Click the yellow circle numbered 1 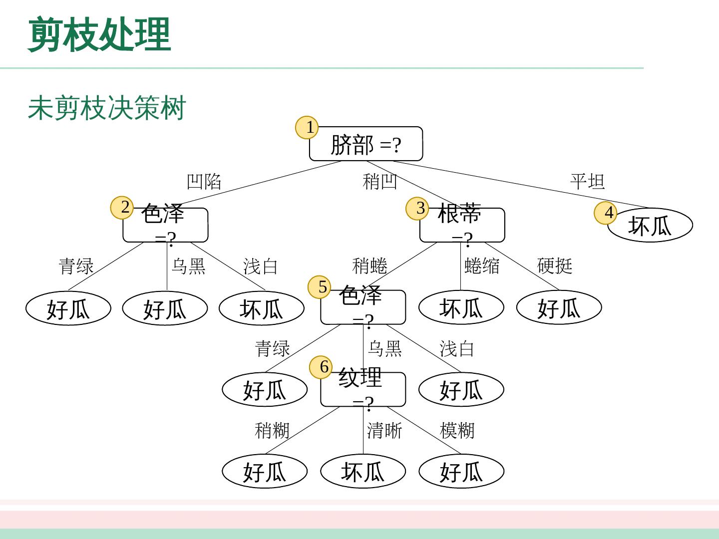tap(310, 127)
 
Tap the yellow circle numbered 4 tap(608, 213)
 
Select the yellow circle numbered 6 tap(324, 367)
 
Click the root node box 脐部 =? tap(365, 144)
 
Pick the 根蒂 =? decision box tap(462, 225)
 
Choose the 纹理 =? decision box tap(362, 389)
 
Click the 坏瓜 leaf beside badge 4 tap(650, 226)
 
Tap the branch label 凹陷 tap(204, 181)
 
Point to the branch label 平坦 tap(587, 181)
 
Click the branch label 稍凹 tap(379, 181)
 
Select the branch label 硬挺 tap(554, 266)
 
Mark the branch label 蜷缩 tap(482, 266)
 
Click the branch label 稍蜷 tap(369, 266)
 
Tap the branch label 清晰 tap(384, 430)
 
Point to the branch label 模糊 tap(457, 430)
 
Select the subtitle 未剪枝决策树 tap(107, 108)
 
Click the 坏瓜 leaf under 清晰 tap(362, 472)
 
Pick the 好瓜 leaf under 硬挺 tap(559, 308)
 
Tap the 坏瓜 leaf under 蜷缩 tap(461, 308)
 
